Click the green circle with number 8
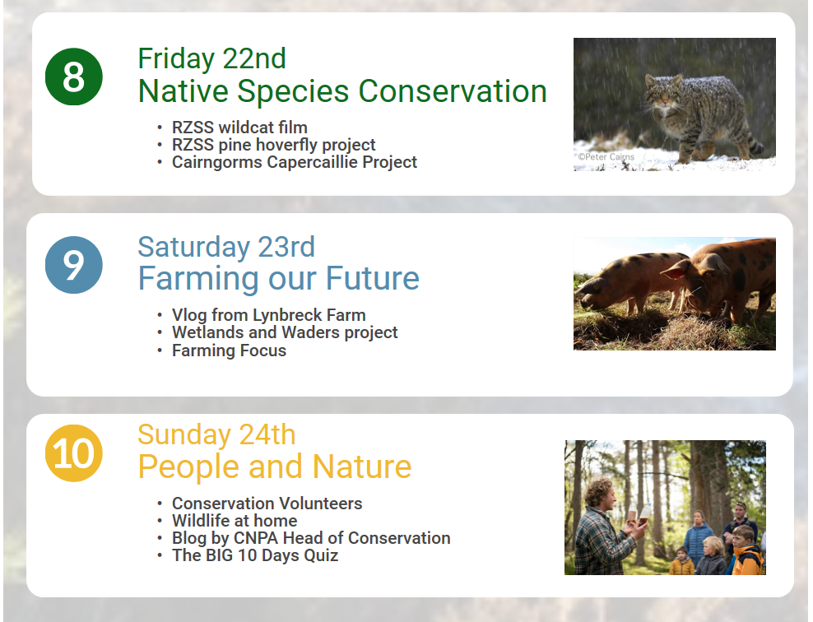73,77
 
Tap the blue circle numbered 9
73,265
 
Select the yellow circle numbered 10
73,453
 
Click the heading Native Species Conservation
342,91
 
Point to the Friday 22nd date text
211,58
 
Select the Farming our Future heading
278,278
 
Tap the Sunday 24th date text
216,434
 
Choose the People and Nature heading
274,466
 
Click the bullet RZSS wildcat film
239,128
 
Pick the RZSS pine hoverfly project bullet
274,145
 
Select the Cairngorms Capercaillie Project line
295,162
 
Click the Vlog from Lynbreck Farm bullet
268,315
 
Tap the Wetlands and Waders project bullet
285,332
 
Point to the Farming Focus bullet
230,350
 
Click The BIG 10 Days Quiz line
255,555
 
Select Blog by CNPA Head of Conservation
311,538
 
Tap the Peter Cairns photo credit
606,156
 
